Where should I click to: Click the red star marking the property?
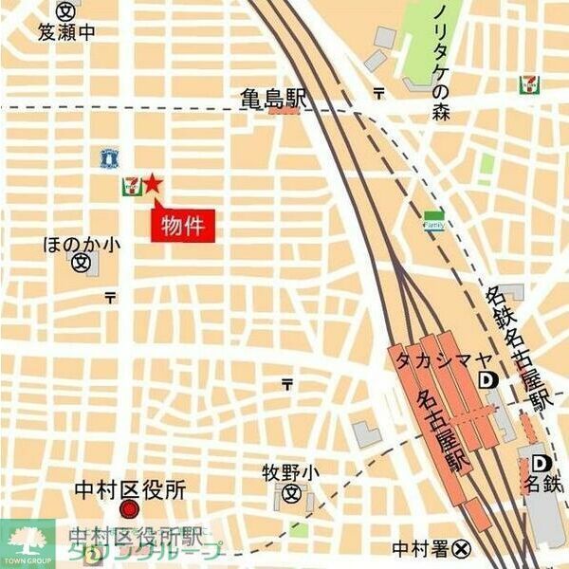(155, 184)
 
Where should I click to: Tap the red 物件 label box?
(184, 227)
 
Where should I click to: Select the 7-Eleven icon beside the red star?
(130, 187)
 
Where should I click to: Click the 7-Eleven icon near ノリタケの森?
(528, 84)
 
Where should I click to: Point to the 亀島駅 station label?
(273, 99)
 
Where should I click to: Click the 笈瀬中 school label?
(66, 33)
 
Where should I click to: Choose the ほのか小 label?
(83, 244)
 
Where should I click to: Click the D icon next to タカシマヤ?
(488, 380)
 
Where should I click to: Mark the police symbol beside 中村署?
(462, 547)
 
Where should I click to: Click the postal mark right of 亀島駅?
(378, 93)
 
